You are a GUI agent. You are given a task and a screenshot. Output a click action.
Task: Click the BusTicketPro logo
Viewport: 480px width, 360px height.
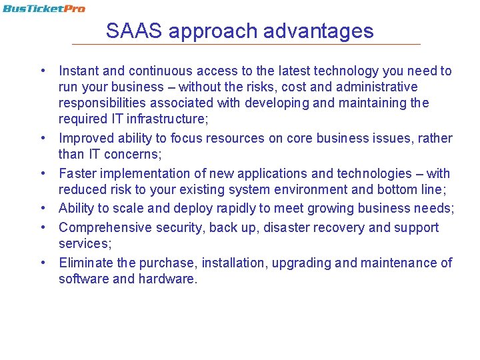43,9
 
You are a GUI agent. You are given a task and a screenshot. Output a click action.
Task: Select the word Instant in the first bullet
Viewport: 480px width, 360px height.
78,71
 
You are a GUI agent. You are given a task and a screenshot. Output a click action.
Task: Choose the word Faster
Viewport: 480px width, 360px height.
77,173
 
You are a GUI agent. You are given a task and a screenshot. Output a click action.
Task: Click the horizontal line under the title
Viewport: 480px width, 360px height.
246,44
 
